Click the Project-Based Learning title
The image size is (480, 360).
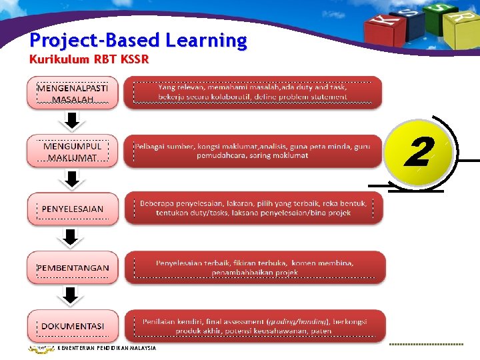pyautogui.click(x=138, y=41)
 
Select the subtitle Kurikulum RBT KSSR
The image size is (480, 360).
pyautogui.click(x=89, y=59)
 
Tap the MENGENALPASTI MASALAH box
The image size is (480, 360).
pyautogui.click(x=73, y=93)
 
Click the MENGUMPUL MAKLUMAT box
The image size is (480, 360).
pyautogui.click(x=73, y=151)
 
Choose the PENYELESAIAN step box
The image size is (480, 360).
pyautogui.click(x=73, y=209)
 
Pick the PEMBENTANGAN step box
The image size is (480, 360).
pyautogui.click(x=73, y=267)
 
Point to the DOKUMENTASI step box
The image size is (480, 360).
pyautogui.click(x=73, y=326)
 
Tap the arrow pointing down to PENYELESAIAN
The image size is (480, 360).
pyautogui.click(x=73, y=179)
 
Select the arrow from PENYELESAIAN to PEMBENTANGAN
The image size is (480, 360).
pyautogui.click(x=73, y=237)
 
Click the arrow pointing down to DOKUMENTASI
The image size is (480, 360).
pyautogui.click(x=73, y=295)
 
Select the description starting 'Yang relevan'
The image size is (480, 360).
pyautogui.click(x=253, y=92)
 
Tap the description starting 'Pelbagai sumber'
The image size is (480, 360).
pyautogui.click(x=253, y=151)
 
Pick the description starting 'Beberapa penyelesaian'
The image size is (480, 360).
pyautogui.click(x=253, y=208)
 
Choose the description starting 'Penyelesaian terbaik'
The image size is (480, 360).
pyautogui.click(x=253, y=267)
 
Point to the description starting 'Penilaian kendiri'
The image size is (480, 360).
pyautogui.click(x=253, y=326)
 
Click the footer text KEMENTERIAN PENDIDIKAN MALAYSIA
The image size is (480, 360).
pyautogui.click(x=107, y=348)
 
